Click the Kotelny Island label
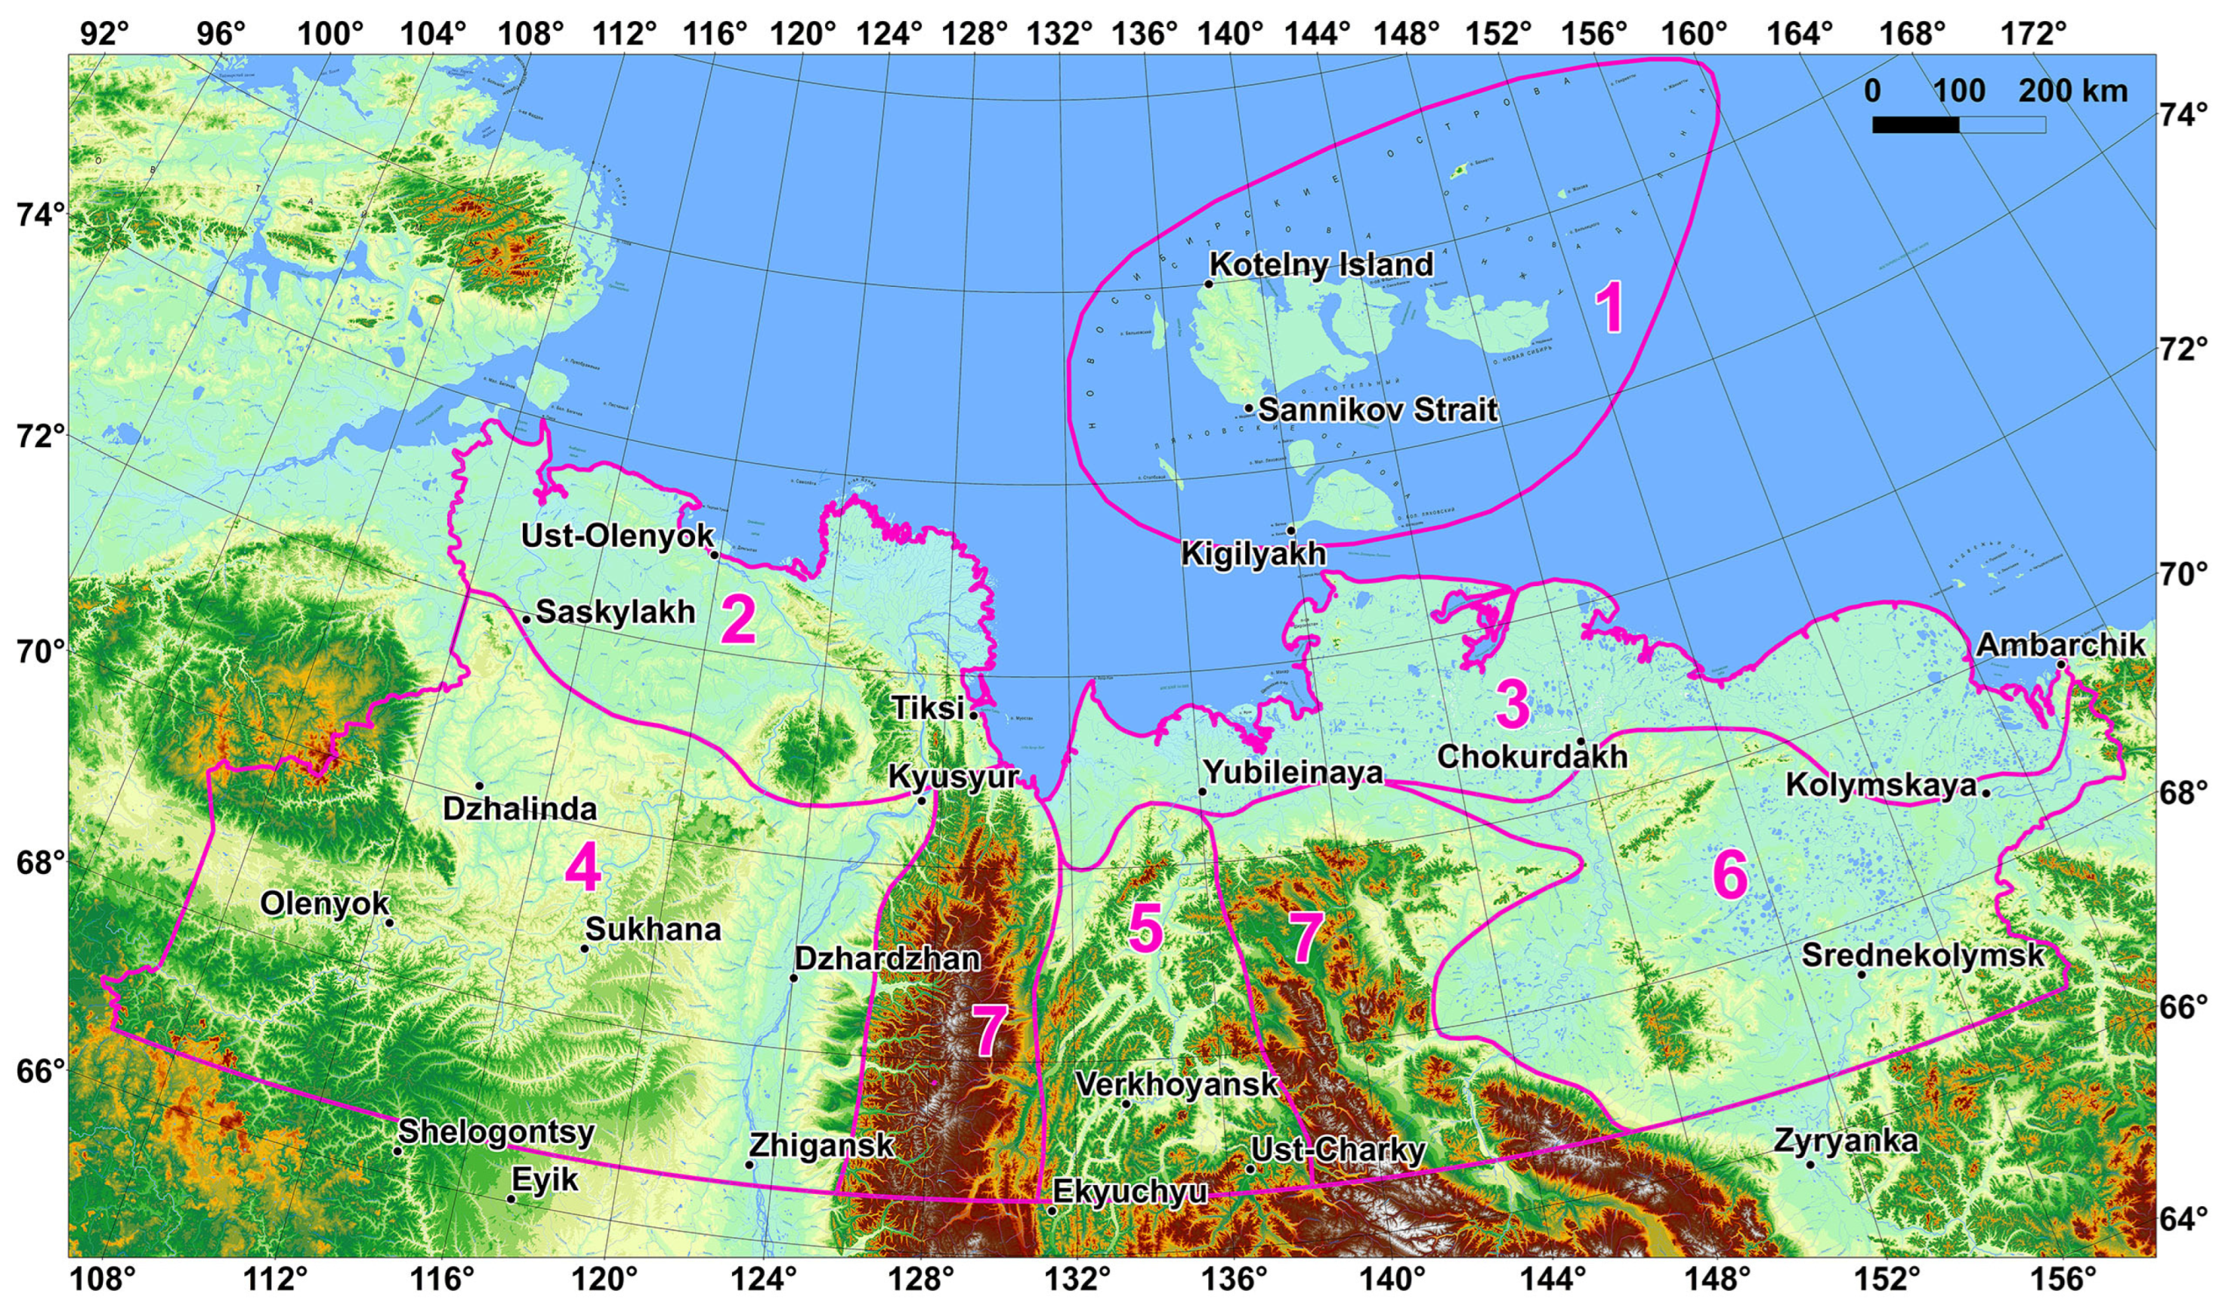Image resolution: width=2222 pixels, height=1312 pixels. (x=1321, y=264)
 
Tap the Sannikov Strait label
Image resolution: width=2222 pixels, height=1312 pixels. (x=1377, y=410)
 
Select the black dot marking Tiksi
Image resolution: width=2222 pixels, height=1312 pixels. (x=974, y=715)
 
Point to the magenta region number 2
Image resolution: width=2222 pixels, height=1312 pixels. (x=738, y=621)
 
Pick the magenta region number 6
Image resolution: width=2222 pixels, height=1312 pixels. (x=1730, y=878)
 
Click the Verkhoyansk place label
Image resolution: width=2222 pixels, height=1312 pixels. (x=1177, y=1084)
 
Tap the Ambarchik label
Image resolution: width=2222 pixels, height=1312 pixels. (x=2060, y=644)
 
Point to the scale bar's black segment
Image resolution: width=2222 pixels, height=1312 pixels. (x=1915, y=125)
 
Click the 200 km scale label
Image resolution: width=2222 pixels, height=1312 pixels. (x=2072, y=91)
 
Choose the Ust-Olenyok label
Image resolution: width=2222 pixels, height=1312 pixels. (x=617, y=536)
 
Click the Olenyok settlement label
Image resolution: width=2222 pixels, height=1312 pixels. (x=325, y=903)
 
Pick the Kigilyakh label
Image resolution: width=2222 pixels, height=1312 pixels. (x=1254, y=554)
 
